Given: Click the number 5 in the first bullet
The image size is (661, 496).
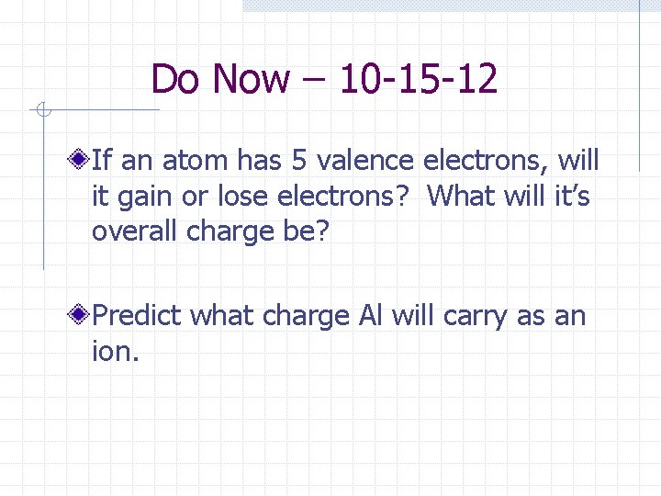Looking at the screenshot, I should pyautogui.click(x=298, y=162).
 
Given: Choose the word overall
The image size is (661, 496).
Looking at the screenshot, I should pyautogui.click(x=135, y=231).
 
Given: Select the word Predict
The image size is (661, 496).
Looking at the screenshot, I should pyautogui.click(x=140, y=317).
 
